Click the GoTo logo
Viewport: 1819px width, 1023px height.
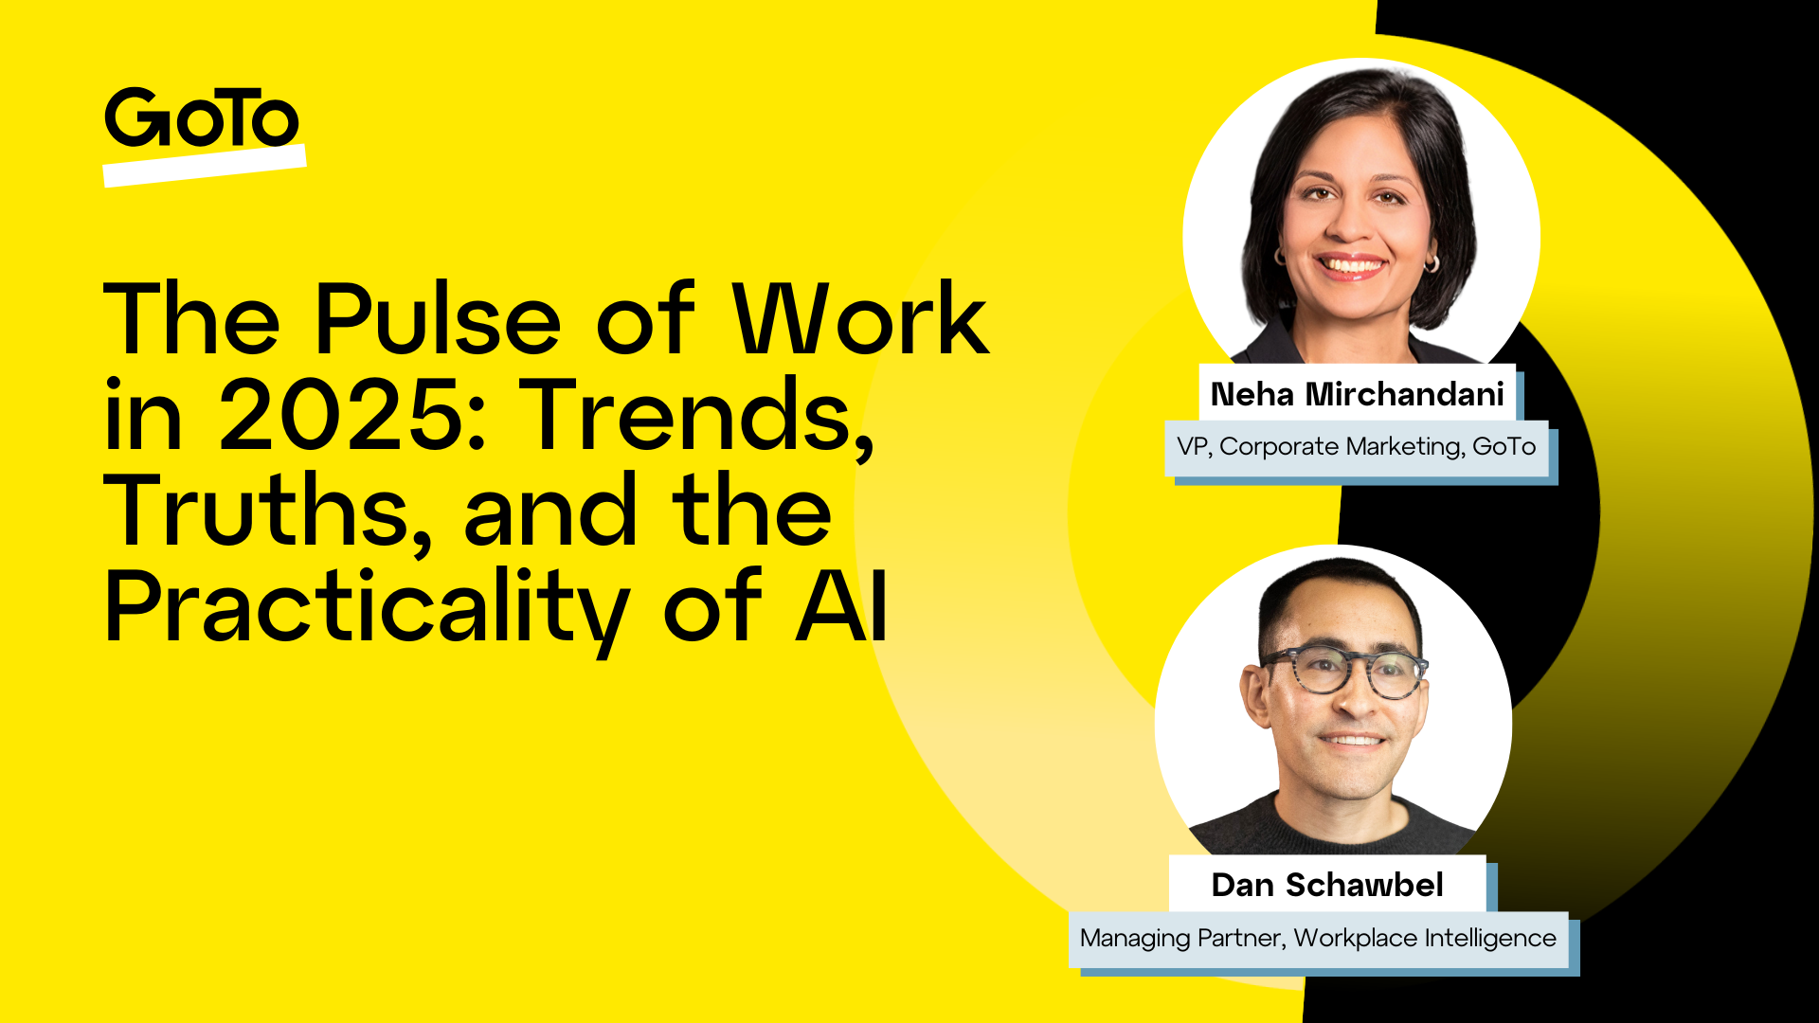tap(201, 118)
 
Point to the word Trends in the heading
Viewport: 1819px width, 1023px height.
tap(696, 416)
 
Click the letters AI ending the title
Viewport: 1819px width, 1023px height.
tap(841, 607)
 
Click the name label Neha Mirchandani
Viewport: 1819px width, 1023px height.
tap(1357, 394)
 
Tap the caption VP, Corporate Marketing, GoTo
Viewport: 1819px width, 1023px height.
tap(1356, 446)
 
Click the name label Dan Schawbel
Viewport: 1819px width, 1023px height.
tap(1326, 885)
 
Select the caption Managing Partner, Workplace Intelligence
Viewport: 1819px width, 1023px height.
tap(1318, 938)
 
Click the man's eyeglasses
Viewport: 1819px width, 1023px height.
tap(1345, 672)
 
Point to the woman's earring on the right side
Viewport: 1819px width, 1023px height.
tap(1432, 262)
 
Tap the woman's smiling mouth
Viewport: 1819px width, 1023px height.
tap(1350, 266)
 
